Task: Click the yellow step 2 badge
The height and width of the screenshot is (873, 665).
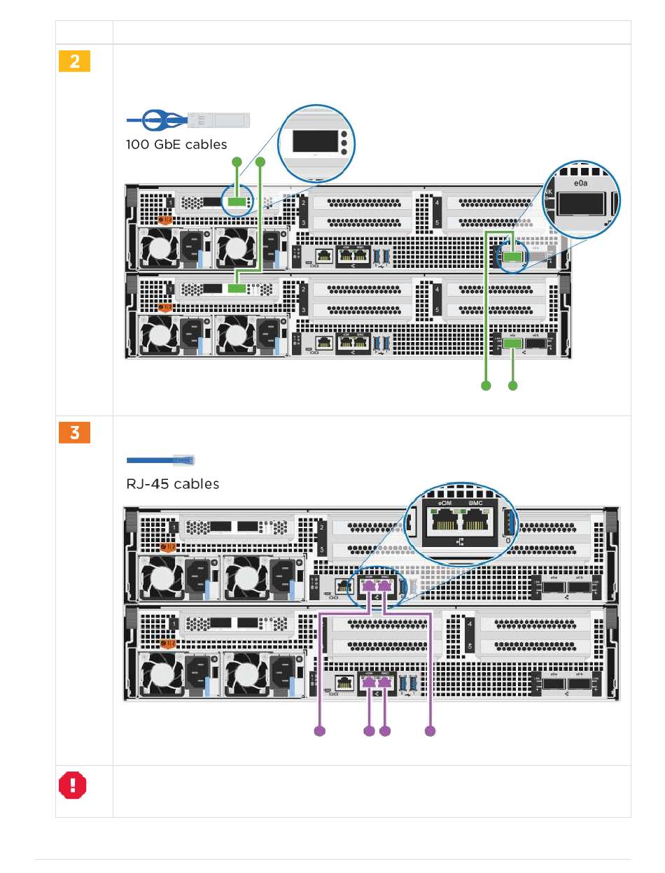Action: (x=73, y=62)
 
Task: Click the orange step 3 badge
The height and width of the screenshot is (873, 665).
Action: (x=73, y=432)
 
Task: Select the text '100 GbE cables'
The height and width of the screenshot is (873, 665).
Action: (x=176, y=145)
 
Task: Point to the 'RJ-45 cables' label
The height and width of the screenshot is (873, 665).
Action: (x=173, y=483)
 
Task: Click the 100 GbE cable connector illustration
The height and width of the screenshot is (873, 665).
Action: (x=188, y=120)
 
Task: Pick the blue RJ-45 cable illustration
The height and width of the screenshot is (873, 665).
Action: (x=161, y=460)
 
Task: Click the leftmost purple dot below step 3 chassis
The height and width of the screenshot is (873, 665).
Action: (x=320, y=731)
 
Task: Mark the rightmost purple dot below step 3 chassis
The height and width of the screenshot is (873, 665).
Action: (x=430, y=731)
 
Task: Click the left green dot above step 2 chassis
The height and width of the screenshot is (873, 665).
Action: (x=237, y=162)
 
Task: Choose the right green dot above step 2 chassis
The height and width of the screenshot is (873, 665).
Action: (x=261, y=162)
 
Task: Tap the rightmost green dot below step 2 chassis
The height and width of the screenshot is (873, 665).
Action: (x=512, y=385)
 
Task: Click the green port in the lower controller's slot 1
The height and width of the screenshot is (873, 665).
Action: (x=237, y=288)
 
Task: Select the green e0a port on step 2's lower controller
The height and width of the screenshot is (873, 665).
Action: (x=512, y=343)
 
